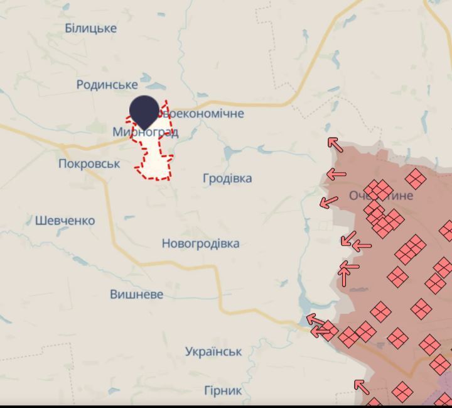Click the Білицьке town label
click(x=91, y=28)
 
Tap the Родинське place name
click(x=107, y=84)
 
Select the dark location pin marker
click(x=144, y=112)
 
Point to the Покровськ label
click(x=89, y=163)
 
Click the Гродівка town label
click(x=227, y=179)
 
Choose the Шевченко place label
click(x=65, y=221)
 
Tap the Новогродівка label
click(x=200, y=243)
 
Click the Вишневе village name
click(x=136, y=294)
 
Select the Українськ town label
click(x=213, y=352)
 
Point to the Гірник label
click(x=223, y=391)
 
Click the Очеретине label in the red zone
click(x=381, y=196)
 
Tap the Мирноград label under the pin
click(x=146, y=132)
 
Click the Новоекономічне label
click(x=200, y=114)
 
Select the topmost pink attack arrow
click(x=335, y=145)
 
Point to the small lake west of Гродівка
click(x=229, y=152)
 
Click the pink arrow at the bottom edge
click(x=361, y=387)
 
